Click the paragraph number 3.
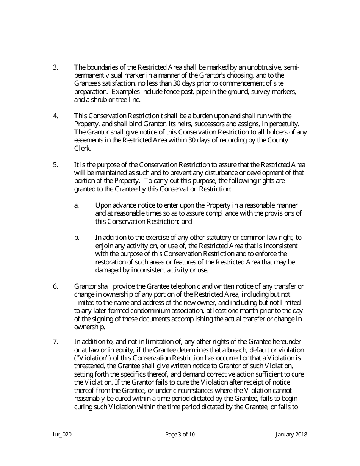coord(55,67)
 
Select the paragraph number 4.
coord(55,116)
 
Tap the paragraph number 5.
coord(55,164)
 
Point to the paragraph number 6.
coord(55,286)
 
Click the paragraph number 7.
coord(55,342)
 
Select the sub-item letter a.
coord(76,205)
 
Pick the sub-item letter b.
coord(77,238)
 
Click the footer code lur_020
coord(62,435)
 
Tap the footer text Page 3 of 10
coord(180,435)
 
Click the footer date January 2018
coord(291,435)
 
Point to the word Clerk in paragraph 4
coord(82,148)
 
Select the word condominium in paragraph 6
coord(144,311)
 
